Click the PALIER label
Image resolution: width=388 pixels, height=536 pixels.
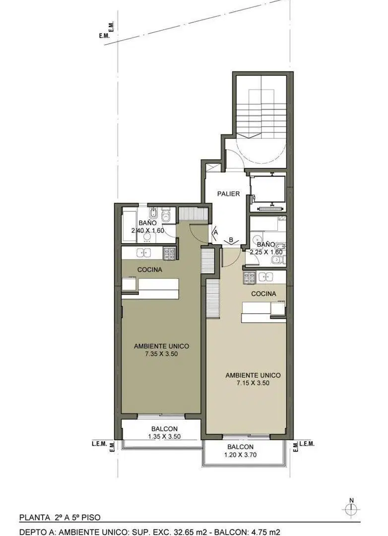click(228, 194)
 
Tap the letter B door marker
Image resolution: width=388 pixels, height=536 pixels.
click(231, 240)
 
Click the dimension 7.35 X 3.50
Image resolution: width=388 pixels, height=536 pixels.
click(161, 354)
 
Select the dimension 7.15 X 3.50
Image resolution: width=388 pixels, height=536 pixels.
click(253, 383)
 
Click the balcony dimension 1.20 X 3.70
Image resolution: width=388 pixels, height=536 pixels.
click(240, 455)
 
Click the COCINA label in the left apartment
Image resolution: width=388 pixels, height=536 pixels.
click(150, 269)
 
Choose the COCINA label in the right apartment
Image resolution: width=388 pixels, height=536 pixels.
click(263, 294)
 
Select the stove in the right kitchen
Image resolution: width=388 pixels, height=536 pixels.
click(249, 277)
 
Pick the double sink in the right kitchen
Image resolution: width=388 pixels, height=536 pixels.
click(266, 276)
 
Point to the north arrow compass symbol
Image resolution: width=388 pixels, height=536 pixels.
click(351, 509)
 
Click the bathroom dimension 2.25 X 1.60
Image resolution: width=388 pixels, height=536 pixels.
click(266, 252)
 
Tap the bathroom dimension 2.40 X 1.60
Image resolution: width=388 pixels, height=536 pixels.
click(148, 230)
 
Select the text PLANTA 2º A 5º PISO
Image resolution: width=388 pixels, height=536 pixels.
click(60, 518)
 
